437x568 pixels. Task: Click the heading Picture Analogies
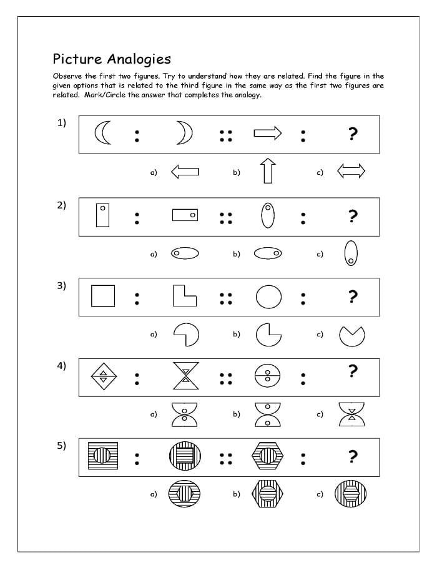pyautogui.click(x=112, y=59)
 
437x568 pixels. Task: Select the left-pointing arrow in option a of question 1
pyautogui.click(x=185, y=171)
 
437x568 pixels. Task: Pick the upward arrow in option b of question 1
pyautogui.click(x=268, y=170)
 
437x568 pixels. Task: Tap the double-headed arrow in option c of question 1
pyautogui.click(x=351, y=171)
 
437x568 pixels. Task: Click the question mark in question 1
pyautogui.click(x=353, y=134)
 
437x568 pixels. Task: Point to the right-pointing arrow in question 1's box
pyautogui.click(x=268, y=133)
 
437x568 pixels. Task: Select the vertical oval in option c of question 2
pyautogui.click(x=351, y=253)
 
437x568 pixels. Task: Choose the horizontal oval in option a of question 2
pyautogui.click(x=185, y=253)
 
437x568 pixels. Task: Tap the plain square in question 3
pyautogui.click(x=103, y=295)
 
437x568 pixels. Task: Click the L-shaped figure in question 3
pyautogui.click(x=185, y=295)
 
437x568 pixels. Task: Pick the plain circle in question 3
pyautogui.click(x=268, y=296)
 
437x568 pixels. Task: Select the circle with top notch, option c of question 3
pyautogui.click(x=352, y=336)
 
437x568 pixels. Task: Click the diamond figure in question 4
pyautogui.click(x=103, y=376)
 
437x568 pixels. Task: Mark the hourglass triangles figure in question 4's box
pyautogui.click(x=185, y=376)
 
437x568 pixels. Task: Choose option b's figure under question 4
pyautogui.click(x=268, y=414)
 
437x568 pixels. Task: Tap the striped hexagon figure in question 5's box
pyautogui.click(x=268, y=456)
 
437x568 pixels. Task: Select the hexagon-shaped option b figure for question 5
pyautogui.click(x=268, y=494)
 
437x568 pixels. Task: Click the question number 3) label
pyautogui.click(x=61, y=285)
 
